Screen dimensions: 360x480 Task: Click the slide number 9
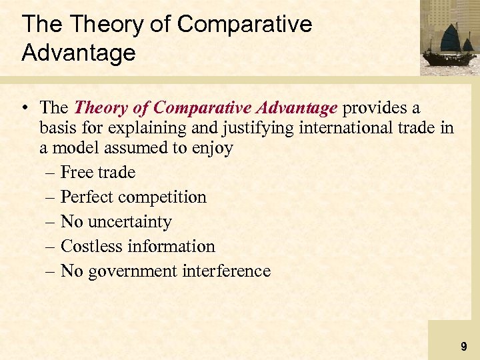pos(463,347)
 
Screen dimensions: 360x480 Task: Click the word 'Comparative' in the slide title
pos(245,25)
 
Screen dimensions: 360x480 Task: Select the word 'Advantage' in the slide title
pos(79,53)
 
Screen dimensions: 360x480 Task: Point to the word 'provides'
pos(377,107)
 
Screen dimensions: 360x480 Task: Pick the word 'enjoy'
pos(213,148)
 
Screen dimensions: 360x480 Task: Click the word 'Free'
pos(76,173)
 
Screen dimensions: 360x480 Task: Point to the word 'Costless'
pos(91,247)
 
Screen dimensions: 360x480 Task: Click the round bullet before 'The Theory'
pos(26,108)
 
